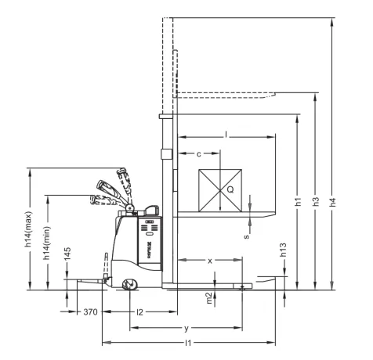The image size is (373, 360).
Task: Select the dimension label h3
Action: tap(316, 201)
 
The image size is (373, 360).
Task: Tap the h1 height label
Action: tap(299, 201)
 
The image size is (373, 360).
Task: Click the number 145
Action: tap(68, 255)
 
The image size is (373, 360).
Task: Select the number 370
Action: tap(91, 312)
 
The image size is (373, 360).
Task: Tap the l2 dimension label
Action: tap(139, 312)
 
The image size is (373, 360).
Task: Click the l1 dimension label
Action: tap(188, 344)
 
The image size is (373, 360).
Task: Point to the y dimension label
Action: tap(186, 327)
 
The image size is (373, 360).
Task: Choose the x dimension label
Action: tap(210, 260)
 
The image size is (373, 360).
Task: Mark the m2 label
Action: tap(208, 297)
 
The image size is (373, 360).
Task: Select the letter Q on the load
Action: tap(230, 189)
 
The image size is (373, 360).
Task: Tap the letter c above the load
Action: tap(199, 153)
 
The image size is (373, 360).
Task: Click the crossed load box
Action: tap(219, 189)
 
